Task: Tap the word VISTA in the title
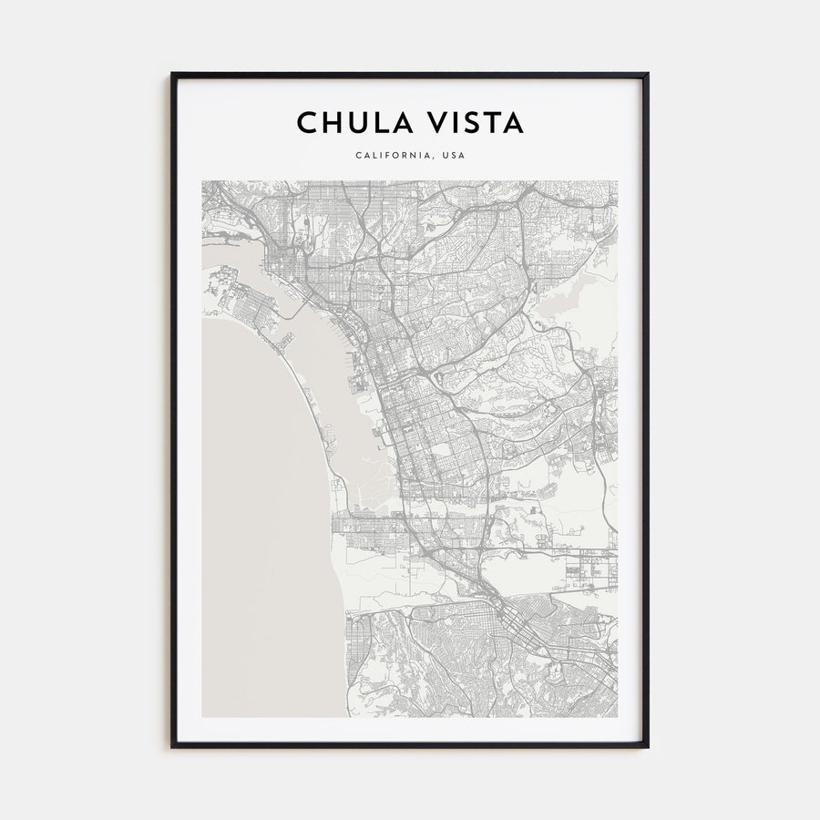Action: [471, 123]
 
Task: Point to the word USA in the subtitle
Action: [453, 155]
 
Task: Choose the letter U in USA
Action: [443, 155]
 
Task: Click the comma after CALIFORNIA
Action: [434, 158]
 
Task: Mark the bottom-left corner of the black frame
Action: [172, 746]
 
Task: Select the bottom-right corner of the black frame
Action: [648, 746]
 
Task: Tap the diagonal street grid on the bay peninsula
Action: [246, 305]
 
